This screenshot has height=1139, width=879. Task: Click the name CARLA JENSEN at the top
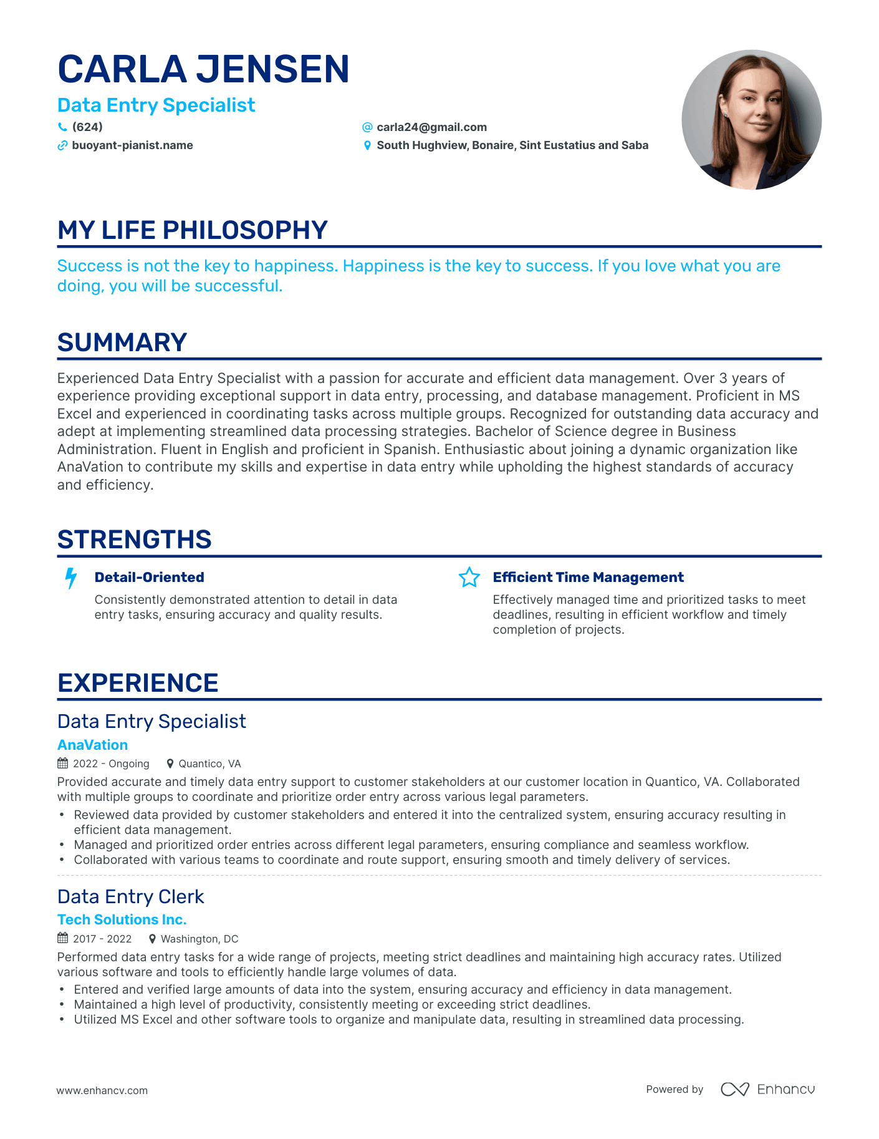(x=203, y=69)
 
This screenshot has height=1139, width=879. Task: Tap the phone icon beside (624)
(x=62, y=127)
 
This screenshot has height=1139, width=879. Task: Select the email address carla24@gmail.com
(x=431, y=127)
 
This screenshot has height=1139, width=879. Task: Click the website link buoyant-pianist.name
(x=132, y=145)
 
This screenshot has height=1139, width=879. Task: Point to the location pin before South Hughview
(x=367, y=145)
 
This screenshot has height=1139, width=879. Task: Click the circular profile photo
(x=751, y=120)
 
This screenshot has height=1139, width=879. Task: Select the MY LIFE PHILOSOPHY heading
(x=192, y=230)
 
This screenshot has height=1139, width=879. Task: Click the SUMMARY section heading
(x=122, y=342)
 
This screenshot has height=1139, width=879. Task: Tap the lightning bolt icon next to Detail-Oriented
(x=71, y=578)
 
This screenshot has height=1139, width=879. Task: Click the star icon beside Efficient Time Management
(x=469, y=578)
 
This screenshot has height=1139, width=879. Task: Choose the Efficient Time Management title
(x=588, y=578)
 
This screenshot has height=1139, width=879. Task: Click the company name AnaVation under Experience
(x=92, y=745)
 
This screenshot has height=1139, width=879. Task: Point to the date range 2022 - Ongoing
(x=111, y=763)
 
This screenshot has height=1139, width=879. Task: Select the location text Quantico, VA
(x=209, y=763)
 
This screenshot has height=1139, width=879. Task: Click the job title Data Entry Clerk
(x=130, y=896)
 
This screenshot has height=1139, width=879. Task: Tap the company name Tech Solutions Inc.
(x=122, y=919)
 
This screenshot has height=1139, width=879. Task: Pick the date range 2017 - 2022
(x=102, y=939)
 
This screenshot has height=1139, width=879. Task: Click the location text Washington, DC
(x=199, y=939)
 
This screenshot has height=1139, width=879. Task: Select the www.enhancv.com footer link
(x=102, y=1090)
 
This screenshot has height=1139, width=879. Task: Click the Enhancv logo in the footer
(x=767, y=1089)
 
